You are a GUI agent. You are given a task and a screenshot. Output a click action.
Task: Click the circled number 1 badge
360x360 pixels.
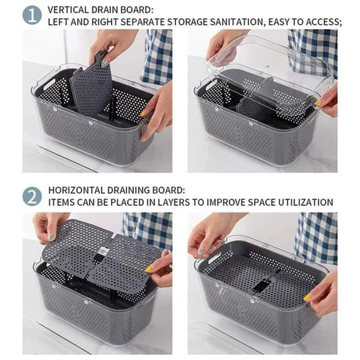coord(32,15)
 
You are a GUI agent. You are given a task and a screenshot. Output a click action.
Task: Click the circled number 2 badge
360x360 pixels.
coord(32,196)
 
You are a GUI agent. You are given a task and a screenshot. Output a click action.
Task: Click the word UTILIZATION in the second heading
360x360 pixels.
coord(306,202)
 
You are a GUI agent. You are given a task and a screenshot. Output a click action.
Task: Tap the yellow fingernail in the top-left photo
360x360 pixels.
coord(144,113)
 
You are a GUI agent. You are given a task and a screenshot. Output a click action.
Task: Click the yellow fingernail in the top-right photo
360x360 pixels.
coord(318,103)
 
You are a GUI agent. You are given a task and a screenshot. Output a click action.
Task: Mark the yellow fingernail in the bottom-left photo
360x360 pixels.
coord(148,269)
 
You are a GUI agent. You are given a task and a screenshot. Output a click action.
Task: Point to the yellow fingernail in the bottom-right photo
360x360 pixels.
coord(307,297)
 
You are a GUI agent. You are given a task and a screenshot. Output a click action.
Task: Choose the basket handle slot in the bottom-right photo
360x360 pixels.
coord(215,257)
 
